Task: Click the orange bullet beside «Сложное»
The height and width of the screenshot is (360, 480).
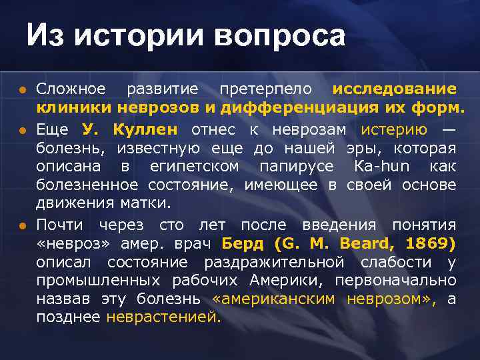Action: (22, 89)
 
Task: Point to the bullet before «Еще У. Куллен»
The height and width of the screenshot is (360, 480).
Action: (22, 128)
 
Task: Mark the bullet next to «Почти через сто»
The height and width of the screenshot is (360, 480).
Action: (22, 225)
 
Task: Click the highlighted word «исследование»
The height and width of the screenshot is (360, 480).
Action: (394, 89)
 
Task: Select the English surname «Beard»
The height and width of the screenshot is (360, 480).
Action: (367, 243)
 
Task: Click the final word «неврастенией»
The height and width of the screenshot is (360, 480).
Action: (163, 317)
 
